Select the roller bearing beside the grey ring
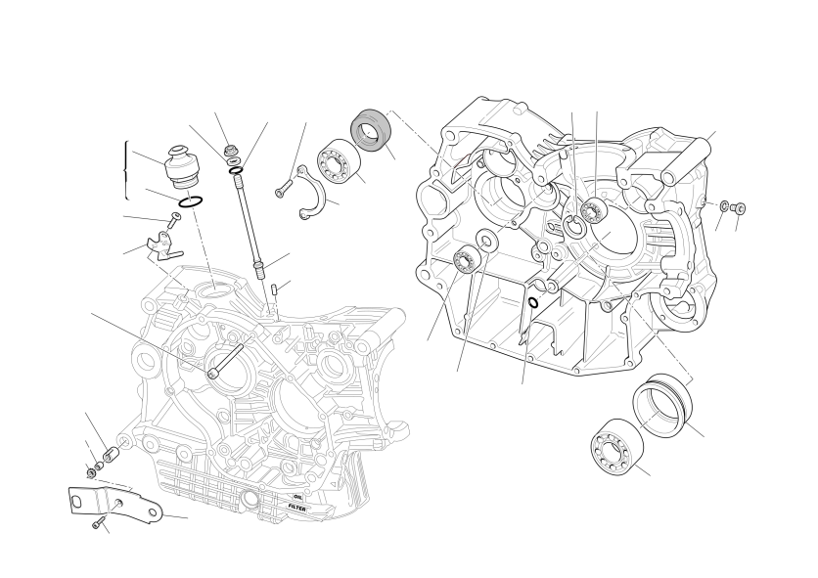pos(338,161)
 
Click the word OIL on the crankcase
pos(297,497)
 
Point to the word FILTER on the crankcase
pos(297,507)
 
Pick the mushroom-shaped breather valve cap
pos(180,166)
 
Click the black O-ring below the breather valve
pos(191,200)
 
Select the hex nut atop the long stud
pos(230,151)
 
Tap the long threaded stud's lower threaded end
pos(259,270)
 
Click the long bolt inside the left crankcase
pos(225,361)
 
